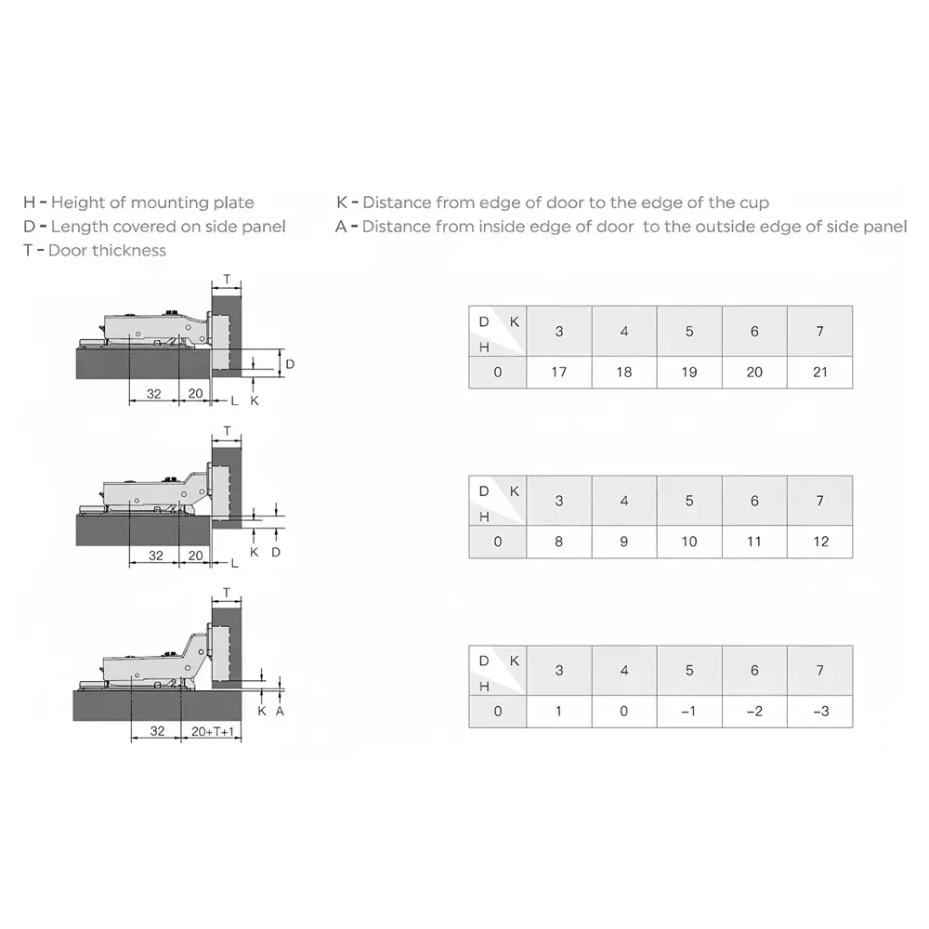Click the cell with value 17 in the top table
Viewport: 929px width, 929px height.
pyautogui.click(x=558, y=372)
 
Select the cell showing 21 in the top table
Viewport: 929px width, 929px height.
pyautogui.click(x=819, y=372)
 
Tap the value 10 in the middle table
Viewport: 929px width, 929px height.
pyautogui.click(x=688, y=542)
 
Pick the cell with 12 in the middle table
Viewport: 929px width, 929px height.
pyautogui.click(x=819, y=542)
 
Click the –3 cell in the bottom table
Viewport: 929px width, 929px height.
pyautogui.click(x=819, y=712)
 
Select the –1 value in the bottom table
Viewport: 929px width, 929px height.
pyautogui.click(x=688, y=712)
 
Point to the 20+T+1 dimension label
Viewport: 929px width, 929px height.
pyautogui.click(x=215, y=731)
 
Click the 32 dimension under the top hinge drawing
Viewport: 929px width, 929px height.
pyautogui.click(x=154, y=394)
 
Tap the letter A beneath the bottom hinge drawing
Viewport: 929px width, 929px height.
pyautogui.click(x=280, y=711)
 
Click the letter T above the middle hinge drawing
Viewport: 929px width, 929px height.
pyautogui.click(x=227, y=433)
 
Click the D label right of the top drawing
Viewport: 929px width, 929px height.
pyautogui.click(x=289, y=363)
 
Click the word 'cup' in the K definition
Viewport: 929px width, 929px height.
pyautogui.click(x=753, y=203)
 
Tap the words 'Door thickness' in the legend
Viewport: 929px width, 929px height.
pyautogui.click(x=108, y=250)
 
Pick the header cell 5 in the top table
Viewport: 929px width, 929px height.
pyautogui.click(x=688, y=332)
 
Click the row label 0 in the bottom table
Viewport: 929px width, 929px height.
pyautogui.click(x=497, y=712)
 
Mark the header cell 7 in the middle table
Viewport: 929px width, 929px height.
pyautogui.click(x=819, y=501)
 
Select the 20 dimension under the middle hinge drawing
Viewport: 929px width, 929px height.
pyautogui.click(x=195, y=555)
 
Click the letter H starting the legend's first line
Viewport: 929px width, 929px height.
pyautogui.click(x=29, y=203)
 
